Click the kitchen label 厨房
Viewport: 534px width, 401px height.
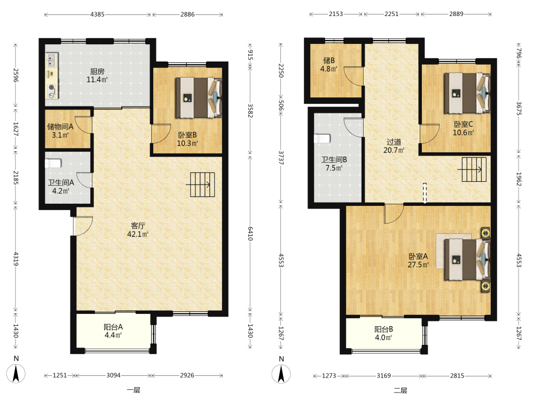coord(97,72)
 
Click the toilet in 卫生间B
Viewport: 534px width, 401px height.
coord(322,138)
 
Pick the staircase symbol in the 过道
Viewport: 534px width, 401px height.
coord(473,169)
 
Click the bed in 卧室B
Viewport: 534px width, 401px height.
coord(199,98)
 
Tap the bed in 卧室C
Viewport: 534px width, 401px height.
coord(467,92)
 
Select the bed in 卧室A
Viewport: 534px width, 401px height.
coord(467,259)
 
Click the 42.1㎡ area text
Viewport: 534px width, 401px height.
coord(138,234)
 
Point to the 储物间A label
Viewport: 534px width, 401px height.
coord(60,127)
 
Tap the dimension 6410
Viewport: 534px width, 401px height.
coord(250,234)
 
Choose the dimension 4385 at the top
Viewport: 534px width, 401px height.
coord(97,14)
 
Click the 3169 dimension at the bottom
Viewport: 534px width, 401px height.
coord(383,376)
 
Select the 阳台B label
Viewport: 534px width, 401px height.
coord(383,329)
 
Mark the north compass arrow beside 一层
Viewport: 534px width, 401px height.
coord(15,374)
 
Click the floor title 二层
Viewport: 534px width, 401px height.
coord(400,390)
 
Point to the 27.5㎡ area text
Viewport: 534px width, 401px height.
coord(418,265)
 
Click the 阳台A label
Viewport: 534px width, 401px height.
coord(113,327)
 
